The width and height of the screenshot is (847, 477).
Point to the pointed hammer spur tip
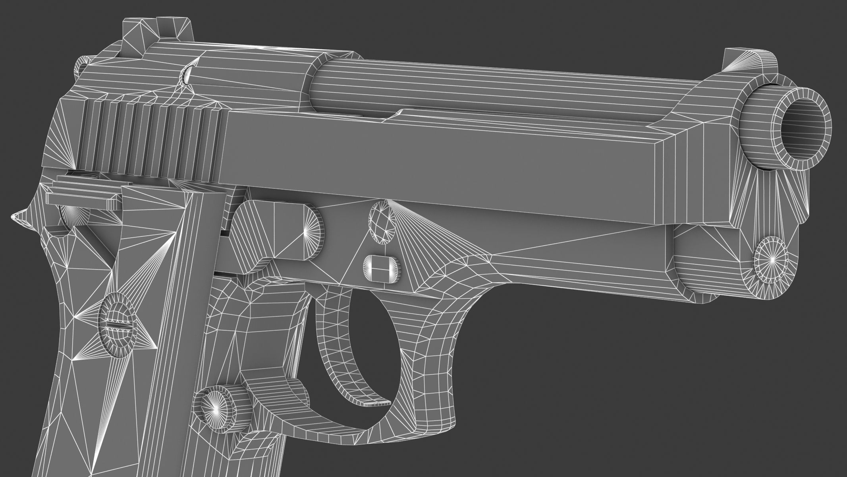coord(18,217)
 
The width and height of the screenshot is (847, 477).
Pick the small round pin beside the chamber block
coord(187,76)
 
